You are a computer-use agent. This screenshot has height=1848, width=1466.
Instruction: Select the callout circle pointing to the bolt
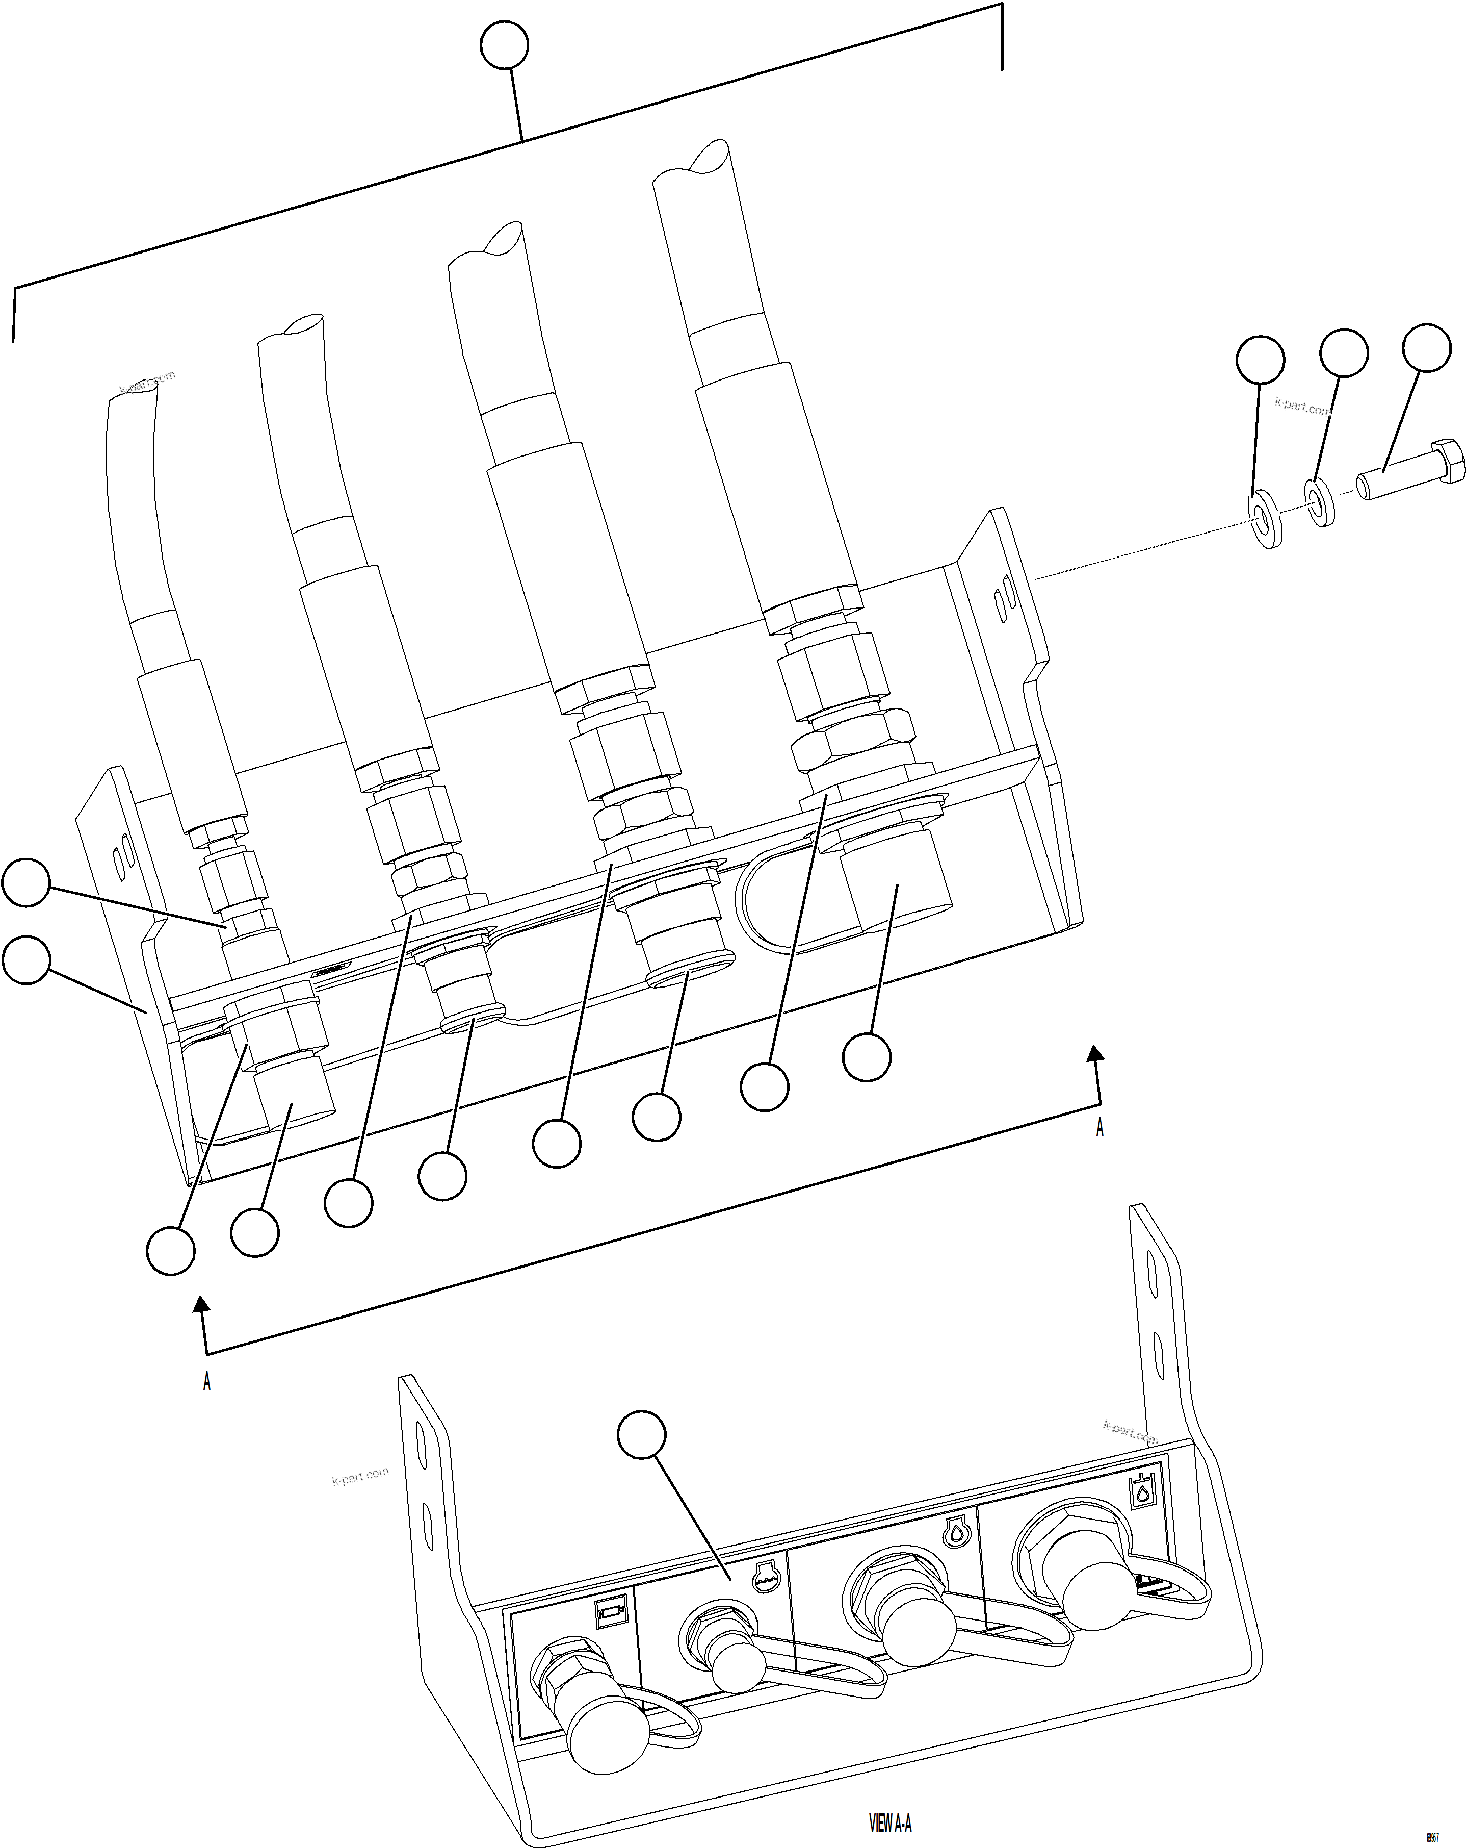(1426, 348)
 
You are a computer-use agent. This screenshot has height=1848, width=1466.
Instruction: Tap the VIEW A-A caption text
(890, 1821)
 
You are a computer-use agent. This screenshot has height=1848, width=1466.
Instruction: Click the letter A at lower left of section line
(206, 1382)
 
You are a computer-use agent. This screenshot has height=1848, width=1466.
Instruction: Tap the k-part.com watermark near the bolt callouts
(1302, 407)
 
